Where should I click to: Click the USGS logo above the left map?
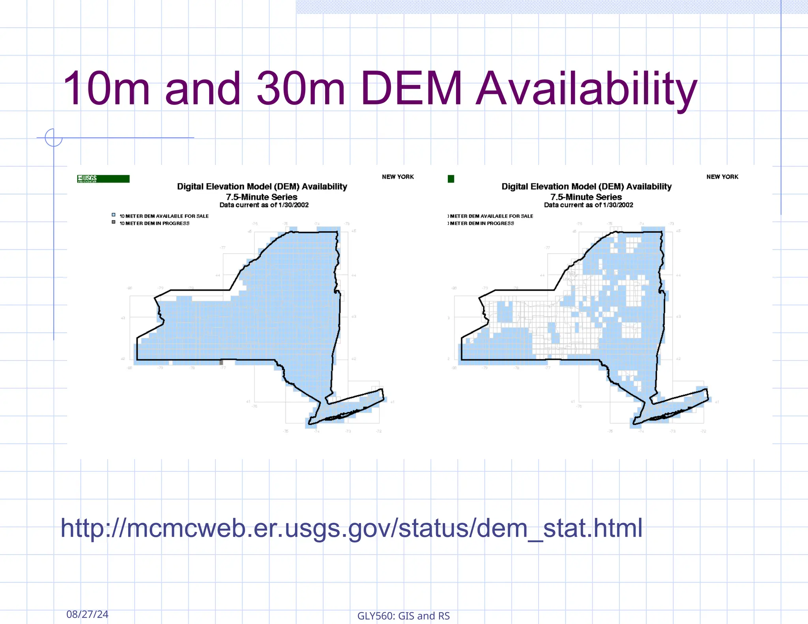pyautogui.click(x=103, y=179)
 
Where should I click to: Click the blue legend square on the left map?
pyautogui.click(x=114, y=215)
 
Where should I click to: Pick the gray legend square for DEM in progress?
pyautogui.click(x=114, y=222)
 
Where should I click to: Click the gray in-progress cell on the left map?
pyautogui.click(x=221, y=362)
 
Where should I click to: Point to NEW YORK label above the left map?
pyautogui.click(x=398, y=177)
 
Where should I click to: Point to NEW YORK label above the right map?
pyautogui.click(x=722, y=177)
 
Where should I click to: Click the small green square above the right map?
pyautogui.click(x=451, y=179)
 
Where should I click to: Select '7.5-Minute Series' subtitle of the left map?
pyautogui.click(x=262, y=197)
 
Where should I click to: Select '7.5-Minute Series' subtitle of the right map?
pyautogui.click(x=586, y=197)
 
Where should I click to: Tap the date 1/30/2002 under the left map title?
pyautogui.click(x=294, y=205)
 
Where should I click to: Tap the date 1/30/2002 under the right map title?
pyautogui.click(x=618, y=205)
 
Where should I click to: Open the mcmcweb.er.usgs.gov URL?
pyautogui.click(x=351, y=528)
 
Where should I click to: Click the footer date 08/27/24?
pyautogui.click(x=87, y=614)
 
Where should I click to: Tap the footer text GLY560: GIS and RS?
pyautogui.click(x=403, y=616)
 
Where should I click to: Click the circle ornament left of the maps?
pyautogui.click(x=54, y=138)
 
